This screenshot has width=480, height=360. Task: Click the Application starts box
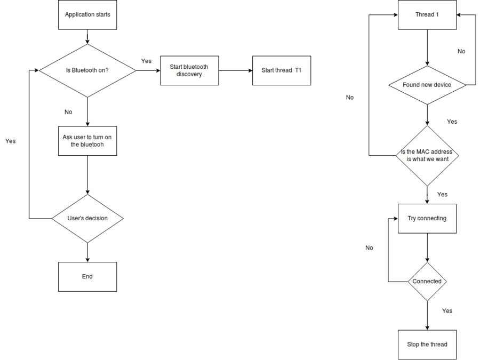click(87, 15)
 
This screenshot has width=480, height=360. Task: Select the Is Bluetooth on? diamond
click(87, 70)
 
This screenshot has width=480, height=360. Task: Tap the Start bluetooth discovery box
click(189, 70)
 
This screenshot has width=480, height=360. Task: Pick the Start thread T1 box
click(282, 70)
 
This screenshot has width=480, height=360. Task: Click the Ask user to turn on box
click(87, 141)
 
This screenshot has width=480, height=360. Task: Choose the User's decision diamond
click(87, 219)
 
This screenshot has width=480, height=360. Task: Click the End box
click(87, 277)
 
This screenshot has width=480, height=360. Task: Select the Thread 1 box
click(427, 15)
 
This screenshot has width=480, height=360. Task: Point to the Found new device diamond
click(427, 85)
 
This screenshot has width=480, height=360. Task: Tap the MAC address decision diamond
click(427, 156)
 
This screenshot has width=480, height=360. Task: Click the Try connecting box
click(427, 219)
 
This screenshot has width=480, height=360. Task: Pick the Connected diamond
click(427, 282)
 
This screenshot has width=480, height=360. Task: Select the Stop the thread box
click(427, 345)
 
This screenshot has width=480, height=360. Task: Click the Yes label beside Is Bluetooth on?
click(146, 61)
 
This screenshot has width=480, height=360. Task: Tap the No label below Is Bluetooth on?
click(68, 112)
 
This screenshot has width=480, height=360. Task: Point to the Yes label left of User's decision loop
click(11, 141)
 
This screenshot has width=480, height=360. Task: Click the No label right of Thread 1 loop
click(461, 51)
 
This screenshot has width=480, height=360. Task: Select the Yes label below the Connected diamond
click(447, 311)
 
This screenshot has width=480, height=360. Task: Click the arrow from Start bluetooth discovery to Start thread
click(235, 71)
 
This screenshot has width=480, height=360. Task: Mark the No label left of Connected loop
click(369, 247)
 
